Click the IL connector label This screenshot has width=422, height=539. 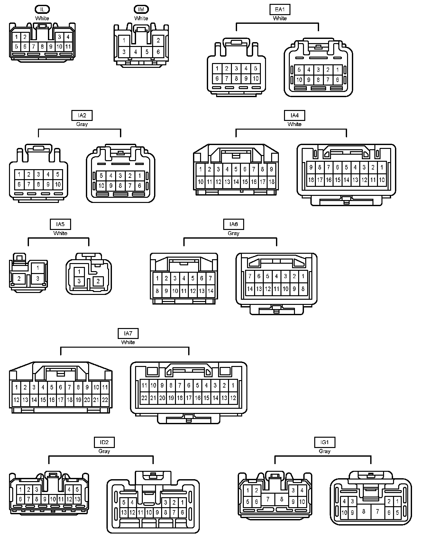(x=42, y=9)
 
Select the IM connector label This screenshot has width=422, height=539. (x=141, y=9)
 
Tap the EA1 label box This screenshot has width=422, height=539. (x=280, y=9)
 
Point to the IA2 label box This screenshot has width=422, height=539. (x=82, y=115)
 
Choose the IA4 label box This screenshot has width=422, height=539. (x=294, y=115)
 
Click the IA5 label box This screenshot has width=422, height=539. (x=60, y=224)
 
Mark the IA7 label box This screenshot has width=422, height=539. (x=128, y=333)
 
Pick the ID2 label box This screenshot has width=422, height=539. (x=104, y=442)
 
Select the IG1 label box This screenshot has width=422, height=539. (x=325, y=442)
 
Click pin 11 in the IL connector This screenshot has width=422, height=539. (x=68, y=47)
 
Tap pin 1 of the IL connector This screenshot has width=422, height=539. (x=16, y=37)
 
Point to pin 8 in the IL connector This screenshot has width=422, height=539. (x=42, y=47)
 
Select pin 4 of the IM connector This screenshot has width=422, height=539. (x=135, y=52)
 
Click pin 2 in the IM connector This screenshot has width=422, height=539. (x=158, y=41)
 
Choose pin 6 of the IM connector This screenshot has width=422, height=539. (x=158, y=52)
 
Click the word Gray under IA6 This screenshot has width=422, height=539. (x=233, y=233)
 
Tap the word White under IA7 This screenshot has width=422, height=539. (x=128, y=342)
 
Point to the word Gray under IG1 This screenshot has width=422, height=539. (x=325, y=451)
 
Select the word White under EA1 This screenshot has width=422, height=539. (x=280, y=18)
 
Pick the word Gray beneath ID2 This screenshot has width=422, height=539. (x=104, y=451)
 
